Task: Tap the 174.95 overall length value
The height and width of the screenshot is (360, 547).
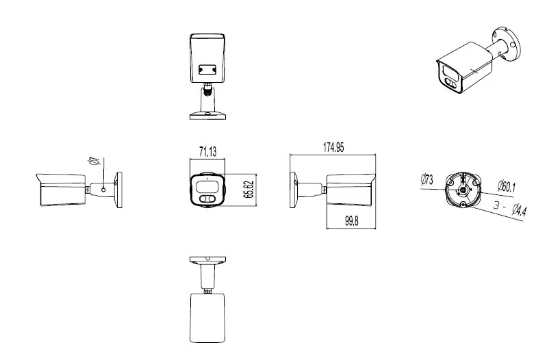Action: pyautogui.click(x=333, y=146)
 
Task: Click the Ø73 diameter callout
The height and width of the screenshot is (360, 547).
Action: pyautogui.click(x=425, y=180)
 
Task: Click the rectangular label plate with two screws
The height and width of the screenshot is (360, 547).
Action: pyautogui.click(x=207, y=69)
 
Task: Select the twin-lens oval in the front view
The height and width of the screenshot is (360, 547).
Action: pyautogui.click(x=206, y=199)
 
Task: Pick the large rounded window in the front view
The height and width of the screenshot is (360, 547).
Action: pyautogui.click(x=207, y=185)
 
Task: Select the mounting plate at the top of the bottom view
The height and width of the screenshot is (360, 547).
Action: pyautogui.click(x=207, y=260)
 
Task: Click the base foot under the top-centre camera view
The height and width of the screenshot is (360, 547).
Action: pyautogui.click(x=207, y=114)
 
